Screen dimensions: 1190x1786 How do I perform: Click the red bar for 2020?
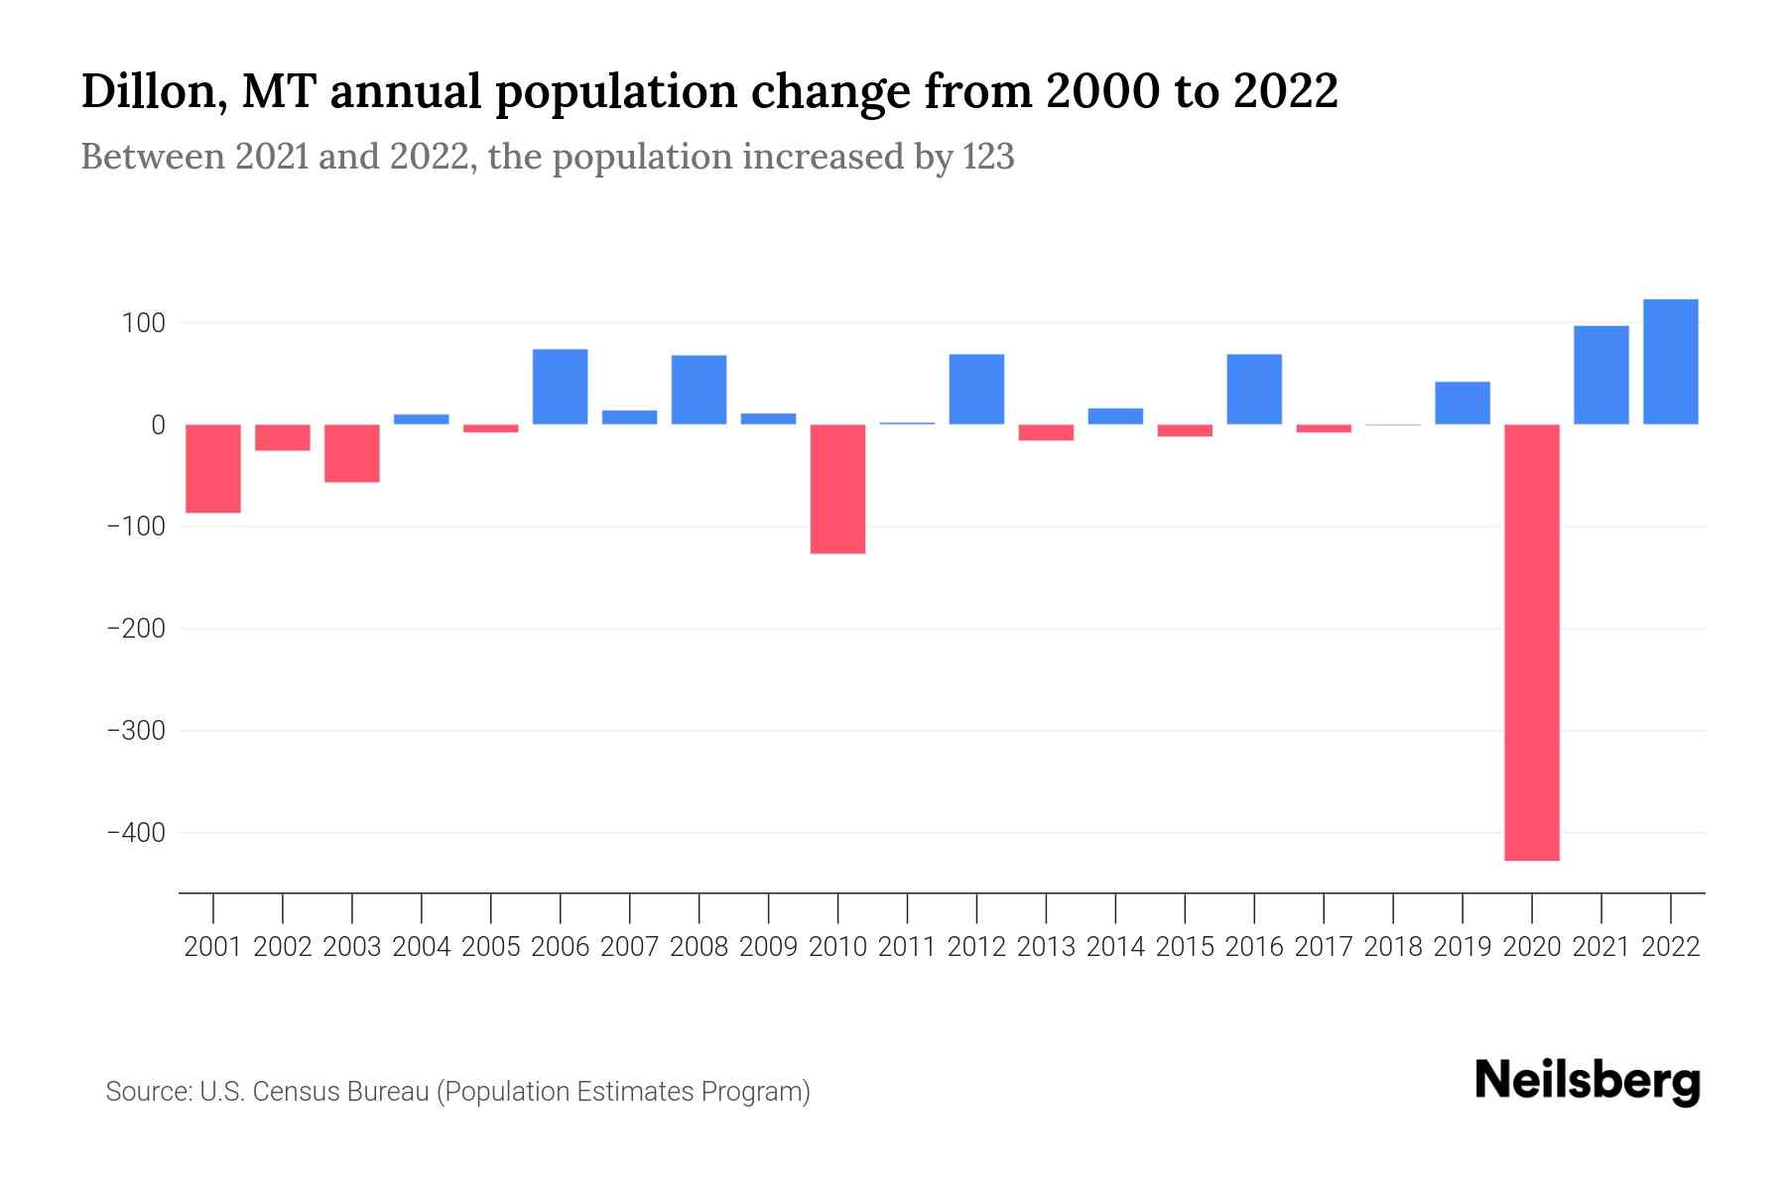pyautogui.click(x=1531, y=642)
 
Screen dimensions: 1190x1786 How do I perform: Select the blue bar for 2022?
pyautogui.click(x=1670, y=362)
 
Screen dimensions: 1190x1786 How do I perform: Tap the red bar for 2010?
pyautogui.click(x=837, y=489)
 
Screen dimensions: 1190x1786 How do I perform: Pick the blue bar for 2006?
pyautogui.click(x=560, y=387)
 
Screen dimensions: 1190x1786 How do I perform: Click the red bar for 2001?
pyautogui.click(x=213, y=468)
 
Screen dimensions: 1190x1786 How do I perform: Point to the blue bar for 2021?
pyautogui.click(x=1600, y=375)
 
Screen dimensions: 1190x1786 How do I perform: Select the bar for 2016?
pyautogui.click(x=1254, y=389)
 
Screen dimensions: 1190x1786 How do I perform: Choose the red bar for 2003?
pyautogui.click(x=352, y=453)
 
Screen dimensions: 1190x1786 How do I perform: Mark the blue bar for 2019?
pyautogui.click(x=1462, y=403)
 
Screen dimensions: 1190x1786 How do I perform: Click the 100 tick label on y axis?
pyautogui.click(x=145, y=323)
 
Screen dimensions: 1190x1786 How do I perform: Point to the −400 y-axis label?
pyautogui.click(x=136, y=833)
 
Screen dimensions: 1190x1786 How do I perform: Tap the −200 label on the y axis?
pyautogui.click(x=136, y=629)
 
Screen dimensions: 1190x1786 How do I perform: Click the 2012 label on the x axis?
pyautogui.click(x=976, y=947)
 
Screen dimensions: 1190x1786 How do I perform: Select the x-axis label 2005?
pyautogui.click(x=491, y=947)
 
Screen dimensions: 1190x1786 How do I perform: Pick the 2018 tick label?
pyautogui.click(x=1392, y=947)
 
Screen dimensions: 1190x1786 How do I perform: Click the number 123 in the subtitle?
pyautogui.click(x=987, y=157)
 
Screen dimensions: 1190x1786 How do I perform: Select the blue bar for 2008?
pyautogui.click(x=699, y=390)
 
